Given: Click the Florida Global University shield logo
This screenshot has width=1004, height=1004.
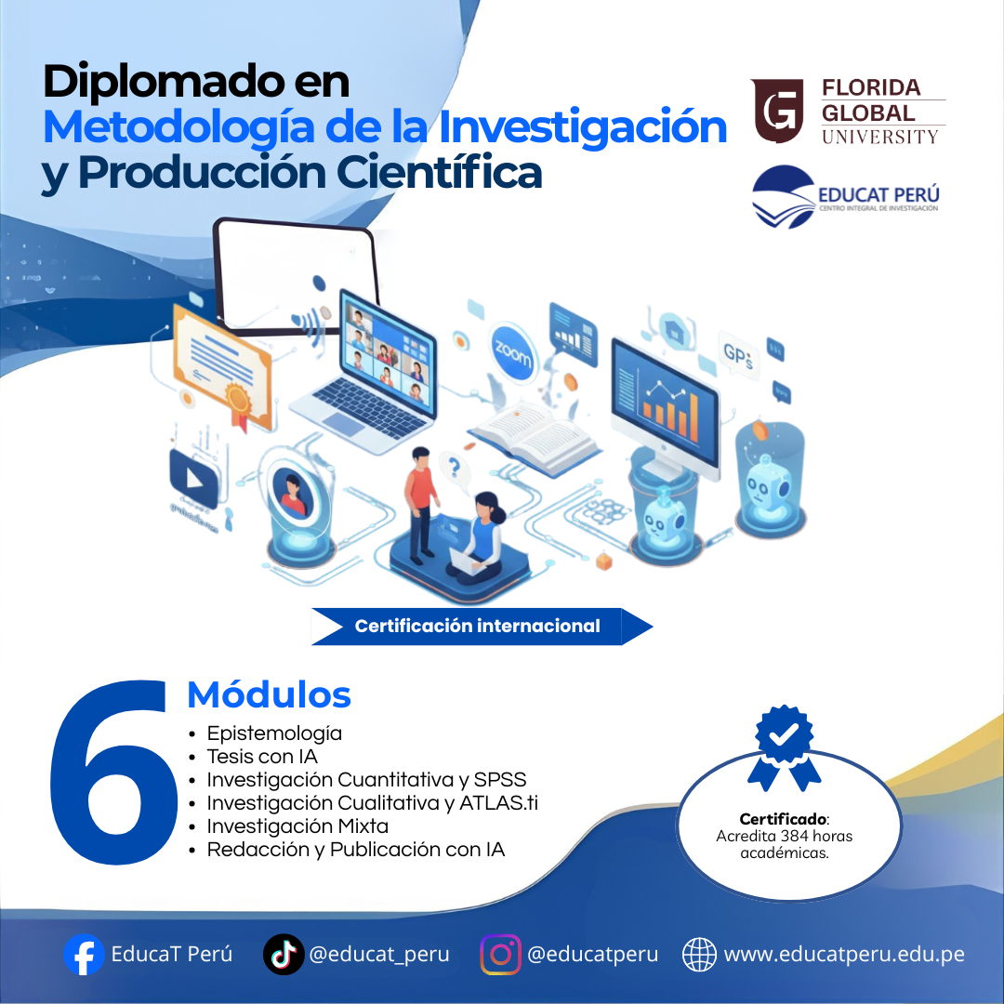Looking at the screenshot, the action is click(x=778, y=110).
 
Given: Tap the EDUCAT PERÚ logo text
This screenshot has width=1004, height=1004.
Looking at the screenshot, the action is click(x=878, y=194).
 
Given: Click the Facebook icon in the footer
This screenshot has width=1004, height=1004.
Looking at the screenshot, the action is click(x=84, y=954).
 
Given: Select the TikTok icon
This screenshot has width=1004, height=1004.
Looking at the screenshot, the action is click(x=284, y=954).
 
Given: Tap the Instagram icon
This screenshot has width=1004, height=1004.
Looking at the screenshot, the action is click(x=501, y=954).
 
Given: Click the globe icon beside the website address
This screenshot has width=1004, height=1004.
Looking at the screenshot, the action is click(x=699, y=954).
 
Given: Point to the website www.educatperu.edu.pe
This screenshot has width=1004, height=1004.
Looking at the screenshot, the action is click(x=844, y=954).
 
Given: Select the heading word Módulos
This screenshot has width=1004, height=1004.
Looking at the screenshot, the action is click(x=269, y=694).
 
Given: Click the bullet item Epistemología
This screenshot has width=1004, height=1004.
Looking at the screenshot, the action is click(x=274, y=733).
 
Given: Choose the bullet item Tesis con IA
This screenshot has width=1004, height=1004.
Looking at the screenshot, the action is click(x=262, y=757).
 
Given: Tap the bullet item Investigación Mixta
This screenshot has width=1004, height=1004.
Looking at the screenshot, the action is click(x=297, y=826).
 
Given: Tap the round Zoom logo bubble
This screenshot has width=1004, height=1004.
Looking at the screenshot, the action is click(x=512, y=353).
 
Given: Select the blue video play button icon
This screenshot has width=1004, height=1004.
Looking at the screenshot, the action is click(x=194, y=476).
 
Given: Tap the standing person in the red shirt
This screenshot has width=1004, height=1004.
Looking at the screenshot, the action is click(x=421, y=503).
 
